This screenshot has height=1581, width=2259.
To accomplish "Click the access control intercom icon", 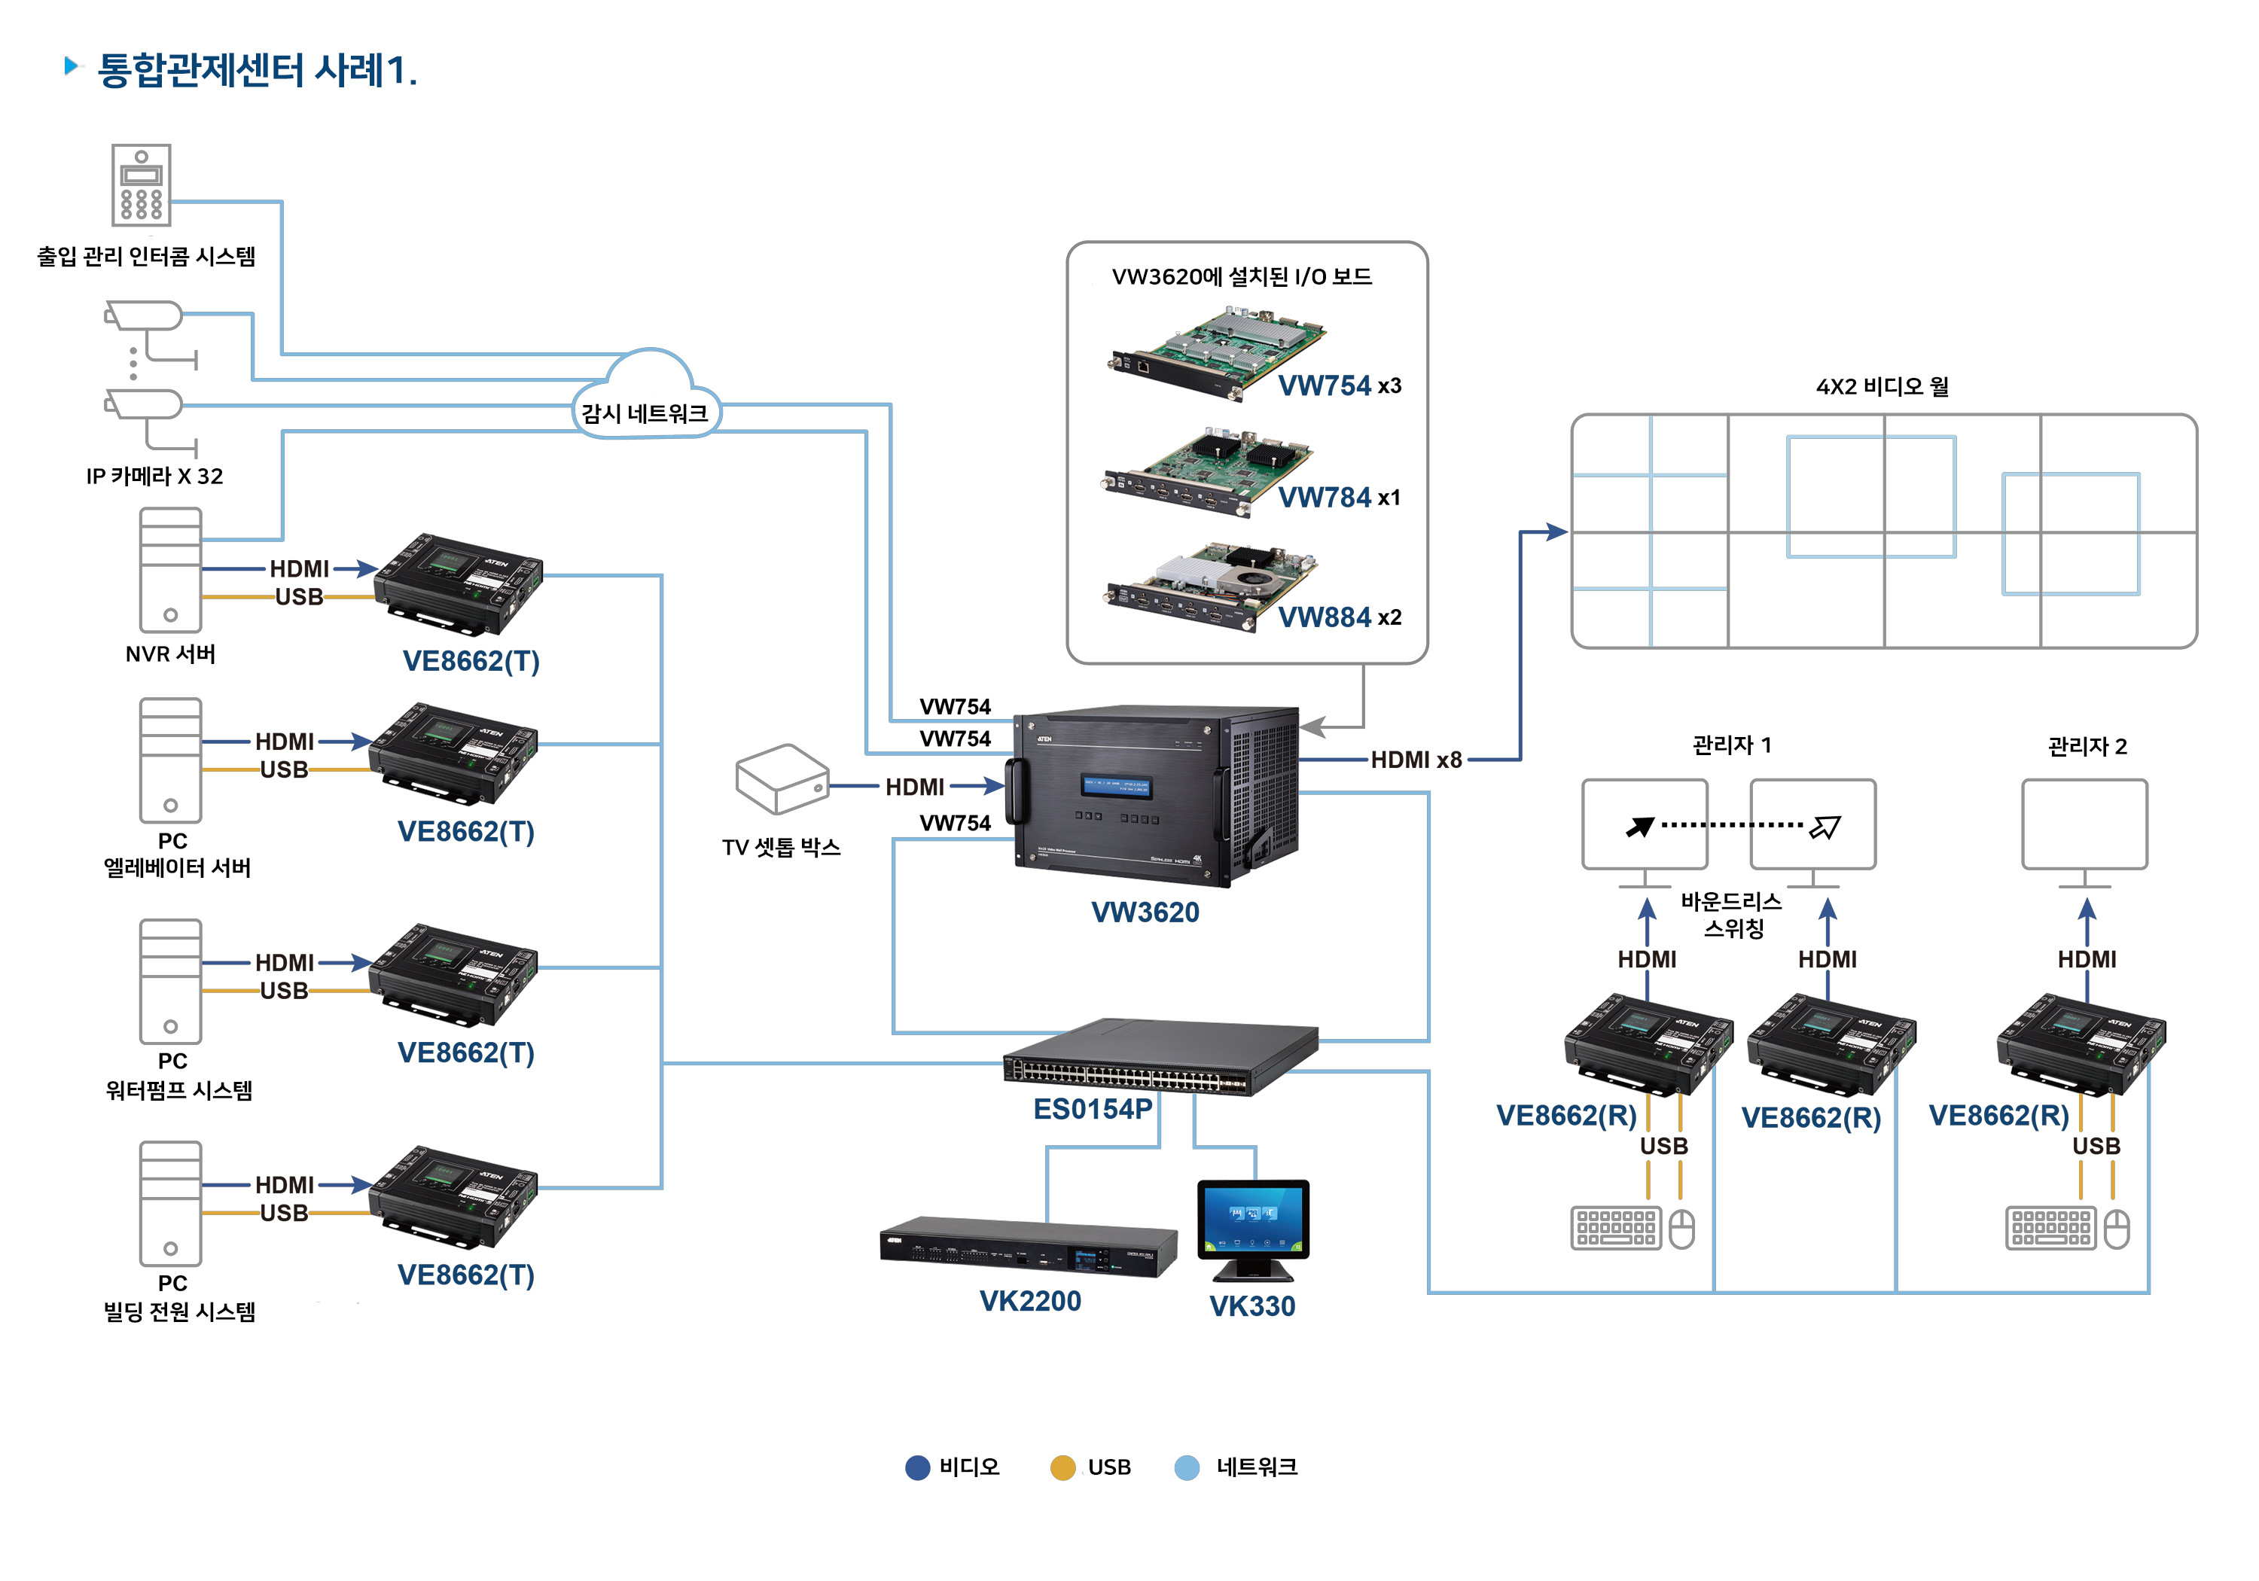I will tap(141, 185).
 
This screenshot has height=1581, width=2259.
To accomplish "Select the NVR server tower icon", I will tap(170, 570).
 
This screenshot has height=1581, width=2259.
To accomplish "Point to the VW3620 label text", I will tap(1145, 912).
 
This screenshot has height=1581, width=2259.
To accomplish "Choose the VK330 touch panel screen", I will tap(1252, 1220).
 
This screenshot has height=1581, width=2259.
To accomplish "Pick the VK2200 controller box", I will tap(1028, 1247).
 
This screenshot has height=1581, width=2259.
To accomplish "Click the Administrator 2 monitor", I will tap(2084, 824).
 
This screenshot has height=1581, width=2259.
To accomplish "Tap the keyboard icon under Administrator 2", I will tap(2050, 1228).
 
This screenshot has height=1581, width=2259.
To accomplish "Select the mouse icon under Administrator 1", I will tap(1682, 1229).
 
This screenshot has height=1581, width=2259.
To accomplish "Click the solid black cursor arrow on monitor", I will tap(1639, 827).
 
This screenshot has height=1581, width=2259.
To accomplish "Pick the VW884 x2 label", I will tap(1339, 617).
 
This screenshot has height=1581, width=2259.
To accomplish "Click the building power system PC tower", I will tap(170, 1203).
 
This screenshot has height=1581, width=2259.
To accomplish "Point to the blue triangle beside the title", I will tap(71, 66).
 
